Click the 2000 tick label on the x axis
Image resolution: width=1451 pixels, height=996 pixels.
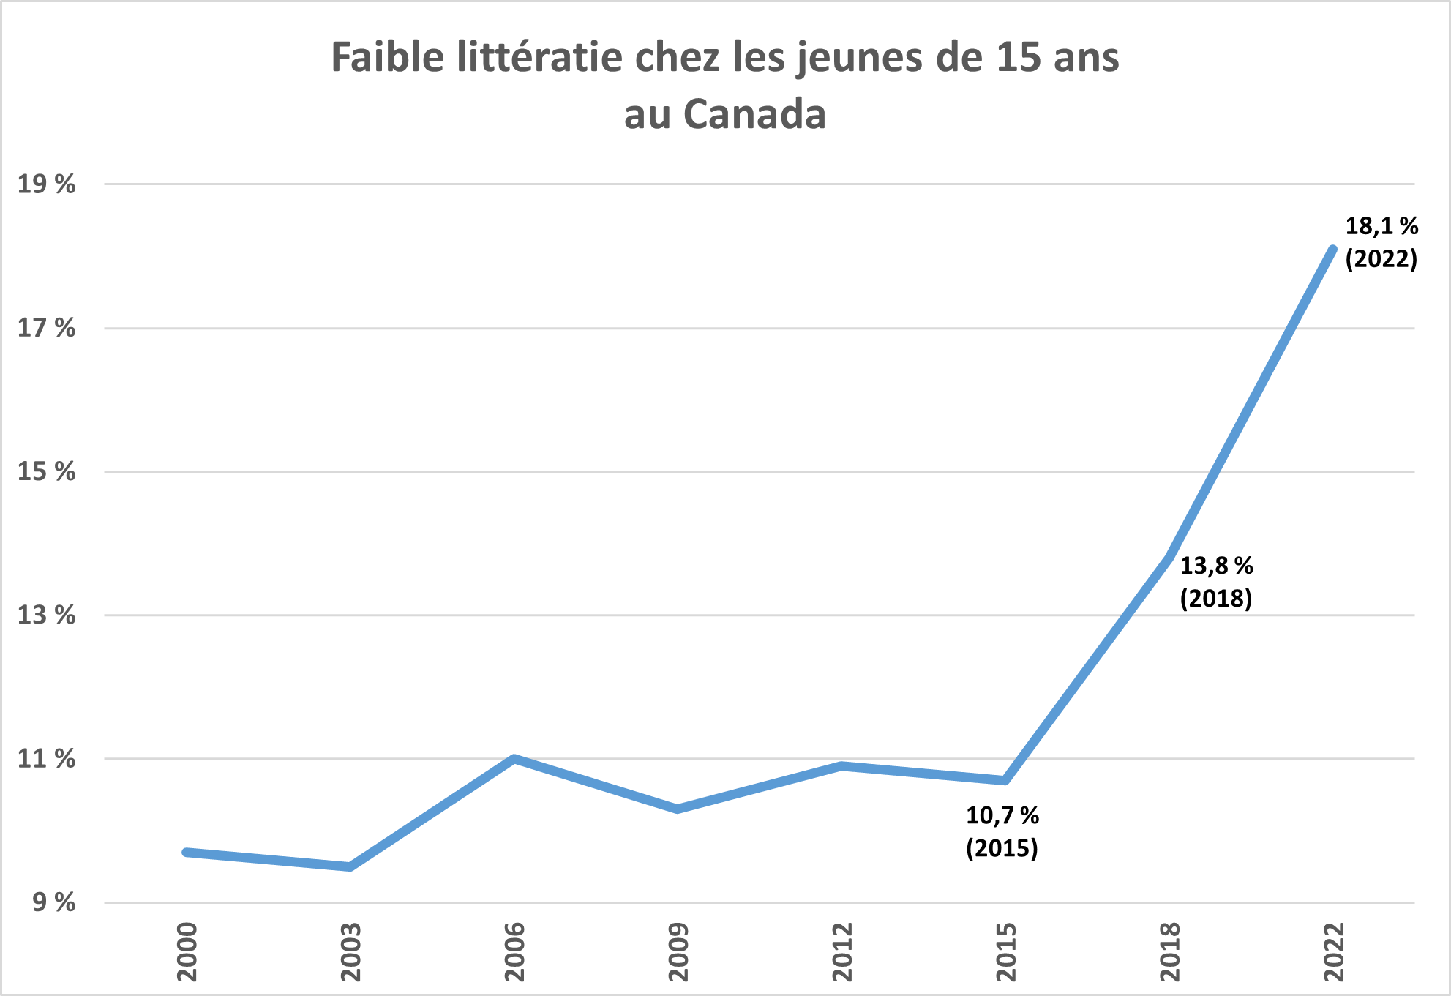pyautogui.click(x=187, y=951)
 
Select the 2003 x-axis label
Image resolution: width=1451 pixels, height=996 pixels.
pyautogui.click(x=351, y=951)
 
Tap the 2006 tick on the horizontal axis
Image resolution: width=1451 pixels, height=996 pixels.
pyautogui.click(x=515, y=951)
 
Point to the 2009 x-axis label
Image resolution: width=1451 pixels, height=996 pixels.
pyautogui.click(x=679, y=951)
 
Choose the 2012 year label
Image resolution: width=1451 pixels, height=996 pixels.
pyautogui.click(x=843, y=951)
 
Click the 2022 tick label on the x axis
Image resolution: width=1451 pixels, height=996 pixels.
pyautogui.click(x=1335, y=951)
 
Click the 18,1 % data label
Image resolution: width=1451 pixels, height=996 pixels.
pyautogui.click(x=1381, y=226)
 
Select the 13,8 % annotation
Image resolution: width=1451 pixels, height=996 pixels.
pyautogui.click(x=1216, y=566)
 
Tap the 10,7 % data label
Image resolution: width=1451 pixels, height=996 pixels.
pyautogui.click(x=1002, y=815)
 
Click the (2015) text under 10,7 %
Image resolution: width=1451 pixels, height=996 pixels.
pyautogui.click(x=1002, y=848)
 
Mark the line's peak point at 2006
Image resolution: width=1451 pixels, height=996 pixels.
pyautogui.click(x=514, y=759)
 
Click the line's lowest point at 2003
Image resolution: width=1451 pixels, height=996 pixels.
pyautogui.click(x=350, y=866)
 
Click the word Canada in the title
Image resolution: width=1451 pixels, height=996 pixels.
pyautogui.click(x=754, y=115)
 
